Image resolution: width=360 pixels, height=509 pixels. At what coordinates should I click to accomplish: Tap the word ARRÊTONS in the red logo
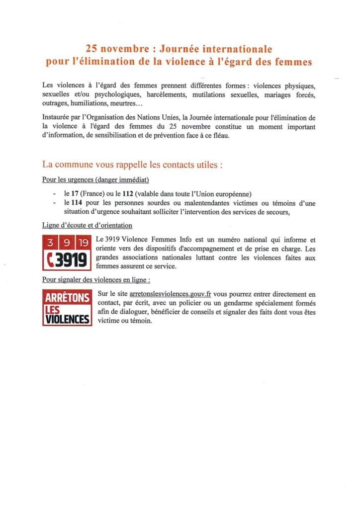(67, 298)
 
